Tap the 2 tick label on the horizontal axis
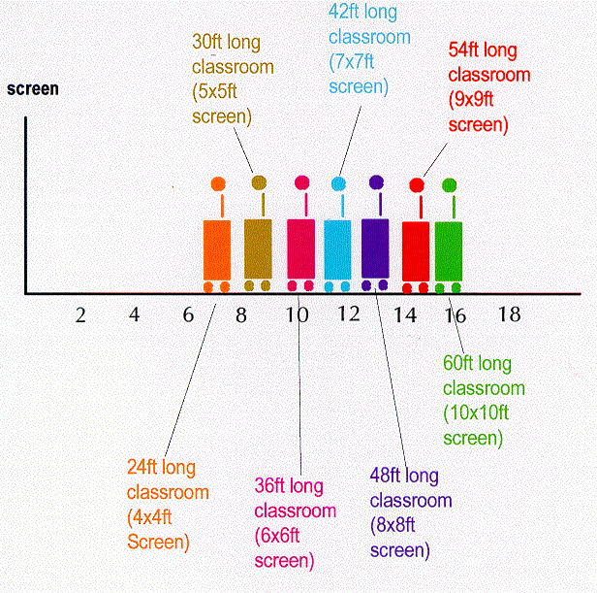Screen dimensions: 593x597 coord(80,315)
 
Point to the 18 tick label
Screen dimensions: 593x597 coord(509,315)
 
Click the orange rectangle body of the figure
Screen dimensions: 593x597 coord(217,250)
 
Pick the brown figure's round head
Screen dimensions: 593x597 coord(259,182)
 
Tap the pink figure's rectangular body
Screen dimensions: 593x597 coord(301,249)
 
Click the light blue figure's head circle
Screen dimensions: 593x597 coord(338,183)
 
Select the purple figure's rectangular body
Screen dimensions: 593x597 coord(375,248)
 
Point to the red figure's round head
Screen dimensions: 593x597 coord(417,184)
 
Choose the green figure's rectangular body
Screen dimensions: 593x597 coord(449,251)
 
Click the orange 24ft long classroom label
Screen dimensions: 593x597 coord(168,503)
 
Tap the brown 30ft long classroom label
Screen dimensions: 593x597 coord(232,80)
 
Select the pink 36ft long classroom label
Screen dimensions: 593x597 coord(295,522)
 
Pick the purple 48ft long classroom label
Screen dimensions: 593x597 coord(410,512)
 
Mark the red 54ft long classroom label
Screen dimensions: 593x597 coord(489,86)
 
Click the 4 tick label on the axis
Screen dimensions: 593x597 coord(135,315)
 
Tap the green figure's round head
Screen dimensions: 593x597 coord(449,184)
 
